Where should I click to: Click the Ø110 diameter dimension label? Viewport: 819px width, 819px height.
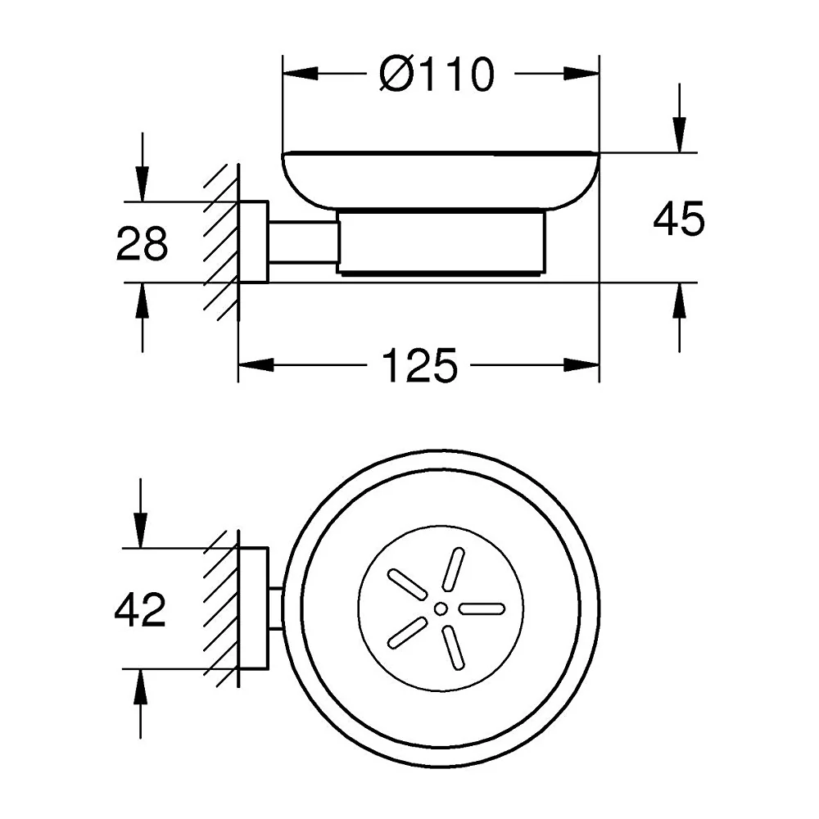[437, 75]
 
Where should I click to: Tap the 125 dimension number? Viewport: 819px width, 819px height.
[420, 365]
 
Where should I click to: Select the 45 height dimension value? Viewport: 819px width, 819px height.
[678, 219]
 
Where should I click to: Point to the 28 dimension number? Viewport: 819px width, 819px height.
[142, 243]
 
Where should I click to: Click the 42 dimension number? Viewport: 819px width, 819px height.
[140, 609]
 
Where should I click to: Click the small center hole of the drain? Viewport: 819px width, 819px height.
[441, 608]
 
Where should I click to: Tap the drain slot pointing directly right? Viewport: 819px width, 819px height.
[482, 609]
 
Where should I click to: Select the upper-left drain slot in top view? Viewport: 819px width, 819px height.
[407, 582]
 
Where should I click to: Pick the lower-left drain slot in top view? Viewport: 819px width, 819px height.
[407, 633]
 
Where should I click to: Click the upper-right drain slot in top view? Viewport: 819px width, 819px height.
[454, 568]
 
